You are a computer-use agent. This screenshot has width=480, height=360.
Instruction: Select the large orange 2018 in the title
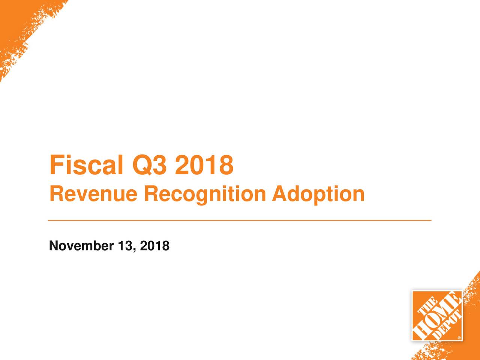(204, 165)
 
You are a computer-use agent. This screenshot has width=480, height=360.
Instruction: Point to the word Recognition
(205, 194)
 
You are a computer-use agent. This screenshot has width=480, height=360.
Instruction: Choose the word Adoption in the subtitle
(318, 194)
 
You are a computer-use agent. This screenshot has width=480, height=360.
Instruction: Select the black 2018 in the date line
(154, 246)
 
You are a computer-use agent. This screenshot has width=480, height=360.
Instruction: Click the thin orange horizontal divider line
(240, 220)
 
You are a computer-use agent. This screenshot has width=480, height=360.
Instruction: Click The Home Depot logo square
(437, 315)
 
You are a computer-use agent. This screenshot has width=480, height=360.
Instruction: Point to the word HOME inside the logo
(437, 315)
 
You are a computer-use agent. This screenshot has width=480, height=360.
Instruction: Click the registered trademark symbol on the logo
(459, 337)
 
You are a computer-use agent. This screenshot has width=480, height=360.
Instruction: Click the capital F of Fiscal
(56, 165)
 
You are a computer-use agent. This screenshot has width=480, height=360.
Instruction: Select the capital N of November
(54, 246)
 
